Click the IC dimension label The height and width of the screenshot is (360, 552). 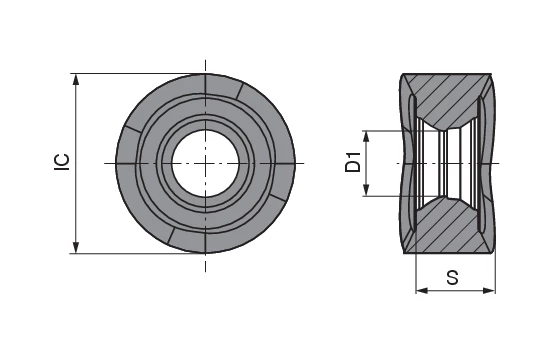[x=62, y=163]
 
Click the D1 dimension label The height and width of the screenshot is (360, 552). [x=353, y=162]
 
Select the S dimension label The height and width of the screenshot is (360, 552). [x=453, y=277]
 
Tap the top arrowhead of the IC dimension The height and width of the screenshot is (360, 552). [x=76, y=80]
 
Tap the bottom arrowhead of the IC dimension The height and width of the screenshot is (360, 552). [x=76, y=247]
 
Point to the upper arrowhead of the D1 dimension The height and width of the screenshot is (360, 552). [x=366, y=136]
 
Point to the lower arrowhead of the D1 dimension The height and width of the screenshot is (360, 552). [x=366, y=190]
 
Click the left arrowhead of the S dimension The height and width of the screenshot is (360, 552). [x=422, y=291]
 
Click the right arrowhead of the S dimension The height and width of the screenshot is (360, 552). [x=489, y=291]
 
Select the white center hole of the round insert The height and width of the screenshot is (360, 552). [x=206, y=163]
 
